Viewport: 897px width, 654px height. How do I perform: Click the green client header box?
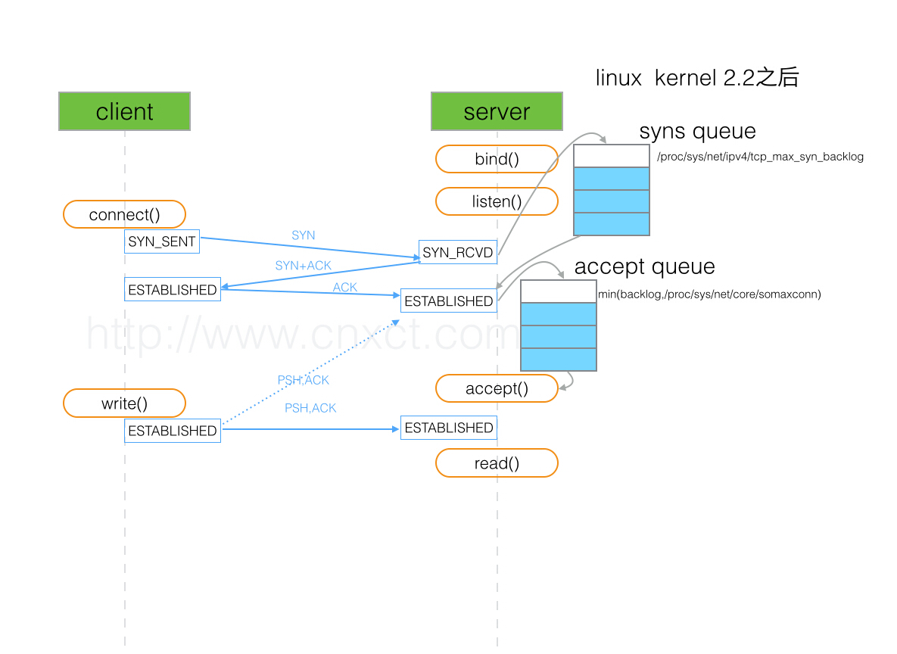tap(124, 111)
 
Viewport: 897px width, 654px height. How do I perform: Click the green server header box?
tap(497, 111)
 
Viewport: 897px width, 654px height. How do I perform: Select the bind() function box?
tap(497, 159)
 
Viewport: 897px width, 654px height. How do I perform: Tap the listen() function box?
tap(497, 201)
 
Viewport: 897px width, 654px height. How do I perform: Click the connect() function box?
tap(124, 214)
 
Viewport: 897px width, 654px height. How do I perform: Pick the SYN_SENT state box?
tap(162, 241)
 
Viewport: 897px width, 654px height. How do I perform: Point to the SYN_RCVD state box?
tap(457, 252)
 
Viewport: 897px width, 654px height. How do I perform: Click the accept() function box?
tap(497, 388)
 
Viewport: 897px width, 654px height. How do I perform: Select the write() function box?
tap(124, 403)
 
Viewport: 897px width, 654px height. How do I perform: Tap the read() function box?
tap(497, 463)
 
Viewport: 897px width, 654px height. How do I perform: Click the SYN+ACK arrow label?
tap(303, 266)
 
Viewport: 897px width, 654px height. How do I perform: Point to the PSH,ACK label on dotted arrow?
tap(303, 380)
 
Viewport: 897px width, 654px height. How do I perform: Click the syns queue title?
tap(697, 131)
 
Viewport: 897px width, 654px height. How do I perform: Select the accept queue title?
tap(644, 266)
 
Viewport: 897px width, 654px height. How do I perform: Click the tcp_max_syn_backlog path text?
tap(760, 157)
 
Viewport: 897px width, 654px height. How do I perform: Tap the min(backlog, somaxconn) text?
tap(709, 294)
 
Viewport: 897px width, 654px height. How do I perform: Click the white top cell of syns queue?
tap(611, 156)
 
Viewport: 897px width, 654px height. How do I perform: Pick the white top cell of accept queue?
tap(558, 291)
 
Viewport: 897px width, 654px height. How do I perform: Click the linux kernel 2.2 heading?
tap(696, 78)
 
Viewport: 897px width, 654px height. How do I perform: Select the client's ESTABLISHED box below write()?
tap(173, 431)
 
